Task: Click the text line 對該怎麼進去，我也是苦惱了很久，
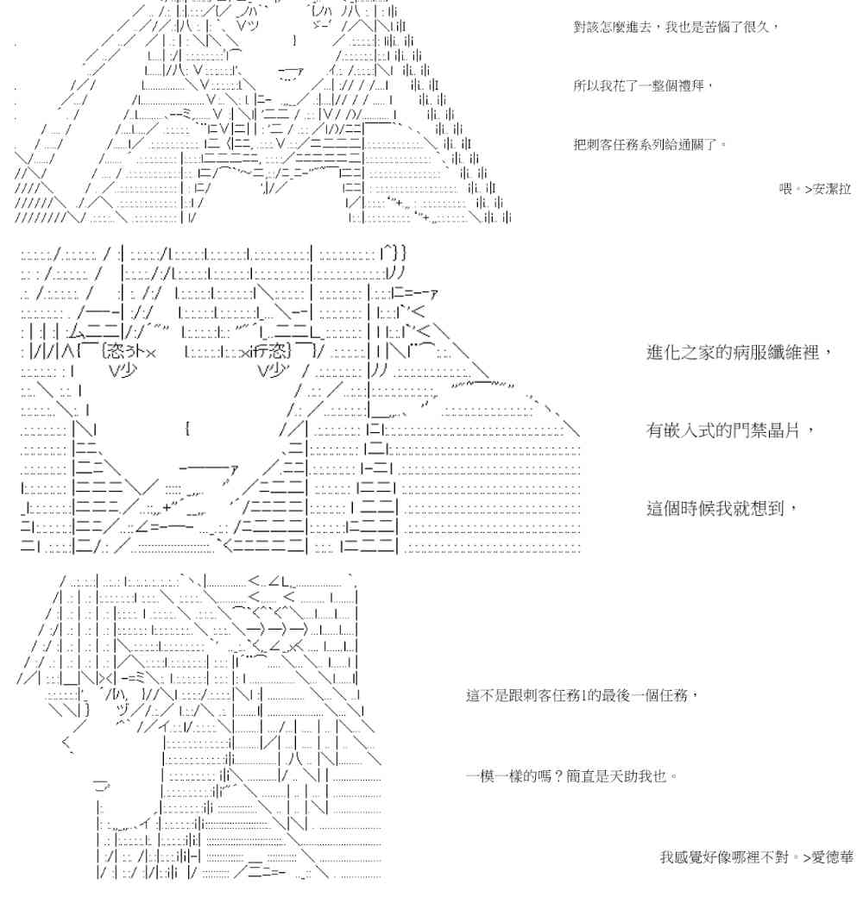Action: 676,28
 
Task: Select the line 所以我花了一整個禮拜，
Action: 644,85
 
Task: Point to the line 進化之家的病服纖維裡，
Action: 740,353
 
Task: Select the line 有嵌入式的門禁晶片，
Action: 730,430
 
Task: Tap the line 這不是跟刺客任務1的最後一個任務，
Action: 580,694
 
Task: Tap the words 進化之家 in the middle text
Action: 677,353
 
